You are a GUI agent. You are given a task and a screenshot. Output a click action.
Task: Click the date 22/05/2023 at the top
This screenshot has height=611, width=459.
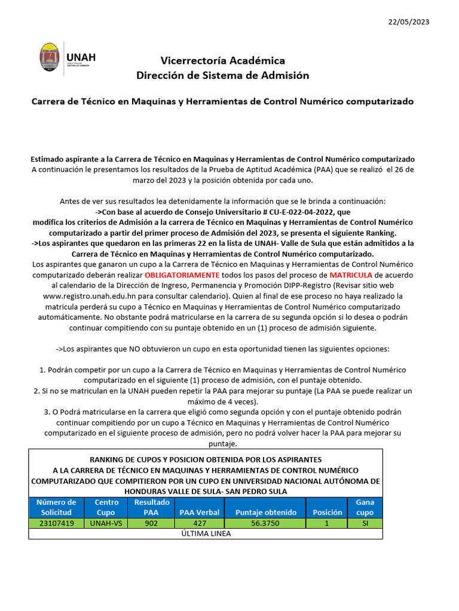coord(408,21)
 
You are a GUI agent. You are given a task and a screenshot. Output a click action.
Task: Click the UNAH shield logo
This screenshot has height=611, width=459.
coord(49,58)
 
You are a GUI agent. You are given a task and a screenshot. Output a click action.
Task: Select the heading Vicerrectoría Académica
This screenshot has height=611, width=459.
coord(222,60)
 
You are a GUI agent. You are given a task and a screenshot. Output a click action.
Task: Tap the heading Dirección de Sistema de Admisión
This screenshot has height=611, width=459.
coord(222,75)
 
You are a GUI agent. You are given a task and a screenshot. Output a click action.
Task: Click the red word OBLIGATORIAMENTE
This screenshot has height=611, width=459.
coord(182,274)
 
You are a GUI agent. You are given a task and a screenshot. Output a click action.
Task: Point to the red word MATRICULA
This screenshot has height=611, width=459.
coord(351,274)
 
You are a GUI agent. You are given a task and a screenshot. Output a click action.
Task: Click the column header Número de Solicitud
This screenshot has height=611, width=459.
coord(56,507)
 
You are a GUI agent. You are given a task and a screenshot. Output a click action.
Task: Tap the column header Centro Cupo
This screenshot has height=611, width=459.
coord(106,507)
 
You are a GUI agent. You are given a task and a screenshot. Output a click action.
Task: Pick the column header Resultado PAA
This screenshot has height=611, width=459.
coord(151,507)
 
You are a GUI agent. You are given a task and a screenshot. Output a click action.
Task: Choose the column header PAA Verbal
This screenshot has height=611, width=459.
coord(199,512)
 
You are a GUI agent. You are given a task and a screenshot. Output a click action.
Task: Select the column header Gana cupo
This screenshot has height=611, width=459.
coord(365,507)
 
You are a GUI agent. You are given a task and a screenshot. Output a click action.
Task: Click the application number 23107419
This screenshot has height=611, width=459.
coord(56,523)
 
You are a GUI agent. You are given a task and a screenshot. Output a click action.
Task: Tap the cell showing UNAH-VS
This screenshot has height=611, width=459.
coord(106,523)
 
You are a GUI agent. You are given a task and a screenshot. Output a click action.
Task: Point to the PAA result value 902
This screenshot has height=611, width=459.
coord(151,523)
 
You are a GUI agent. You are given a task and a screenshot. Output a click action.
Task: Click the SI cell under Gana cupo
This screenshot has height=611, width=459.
coord(365,523)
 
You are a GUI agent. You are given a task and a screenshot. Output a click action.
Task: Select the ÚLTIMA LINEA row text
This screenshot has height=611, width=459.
coord(206,533)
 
